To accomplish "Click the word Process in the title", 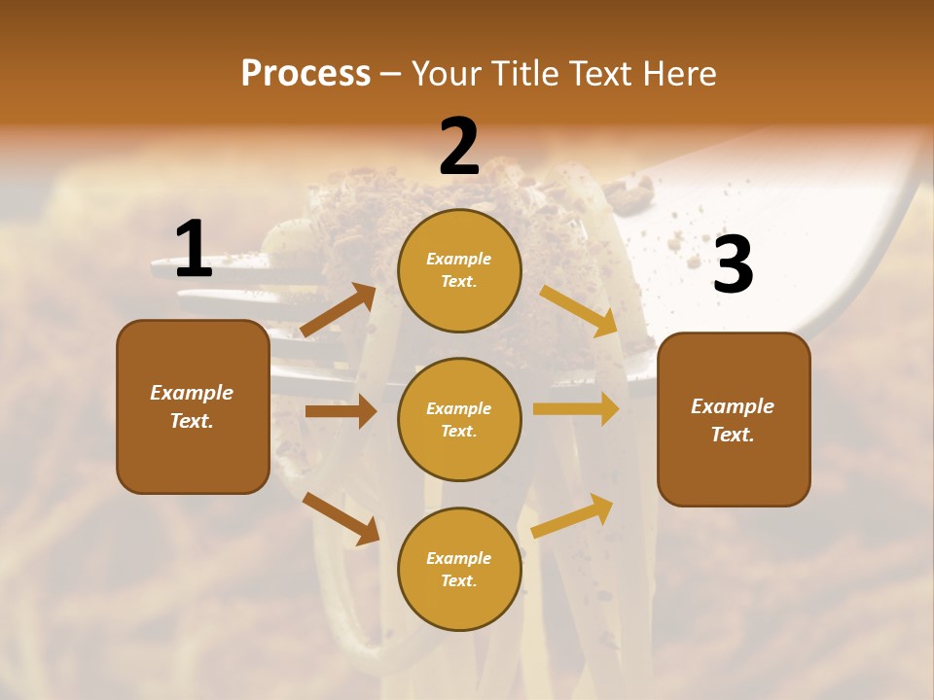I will (305, 74).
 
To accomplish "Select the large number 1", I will (194, 249).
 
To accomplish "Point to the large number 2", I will (459, 147).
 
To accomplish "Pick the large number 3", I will (733, 264).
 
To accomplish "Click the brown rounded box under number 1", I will (193, 406).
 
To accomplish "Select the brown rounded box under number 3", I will (734, 419).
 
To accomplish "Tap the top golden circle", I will (459, 270).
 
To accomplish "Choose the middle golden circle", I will (459, 419).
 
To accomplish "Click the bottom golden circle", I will (459, 569).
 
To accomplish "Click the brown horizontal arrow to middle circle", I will (341, 411).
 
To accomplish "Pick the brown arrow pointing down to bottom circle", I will (341, 518).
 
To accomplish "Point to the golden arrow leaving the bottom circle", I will (572, 515).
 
